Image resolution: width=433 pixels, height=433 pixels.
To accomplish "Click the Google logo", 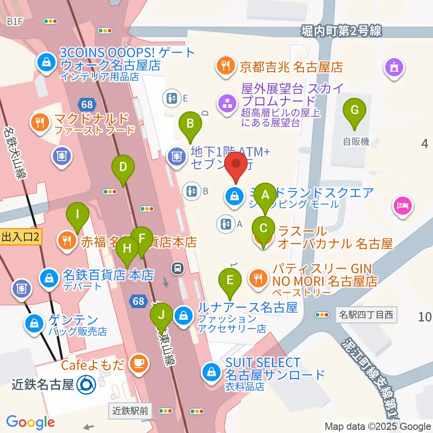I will (x=30, y=422).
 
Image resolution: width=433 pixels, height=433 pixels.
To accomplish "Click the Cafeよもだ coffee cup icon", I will (x=138, y=363).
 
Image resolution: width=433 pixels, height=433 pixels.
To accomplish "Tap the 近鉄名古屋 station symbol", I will (x=86, y=385).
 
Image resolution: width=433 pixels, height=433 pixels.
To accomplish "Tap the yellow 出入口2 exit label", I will (x=21, y=236).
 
